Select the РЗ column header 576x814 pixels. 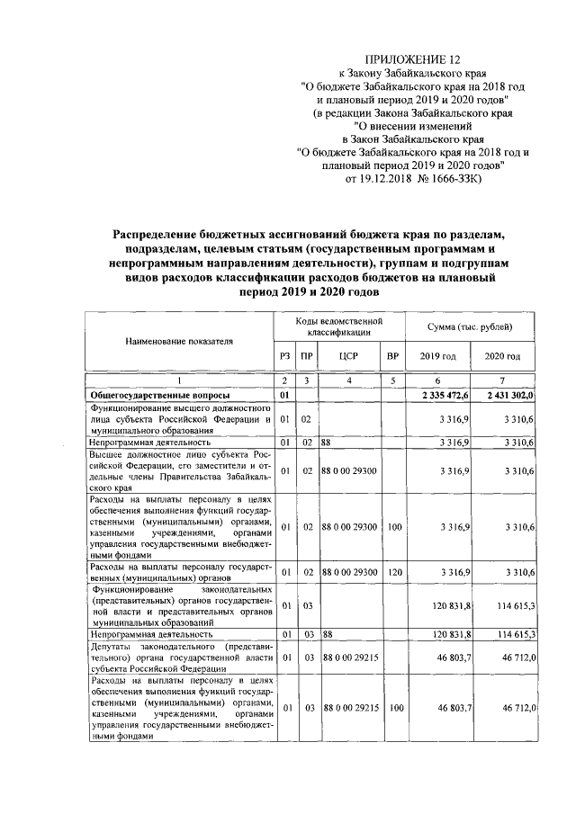click(284, 356)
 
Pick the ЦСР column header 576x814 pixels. click(350, 356)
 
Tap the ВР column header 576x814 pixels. click(391, 356)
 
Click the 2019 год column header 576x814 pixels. click(438, 356)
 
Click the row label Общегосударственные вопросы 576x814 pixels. click(158, 395)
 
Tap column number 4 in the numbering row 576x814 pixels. click(350, 381)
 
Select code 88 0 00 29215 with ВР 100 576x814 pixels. click(350, 709)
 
